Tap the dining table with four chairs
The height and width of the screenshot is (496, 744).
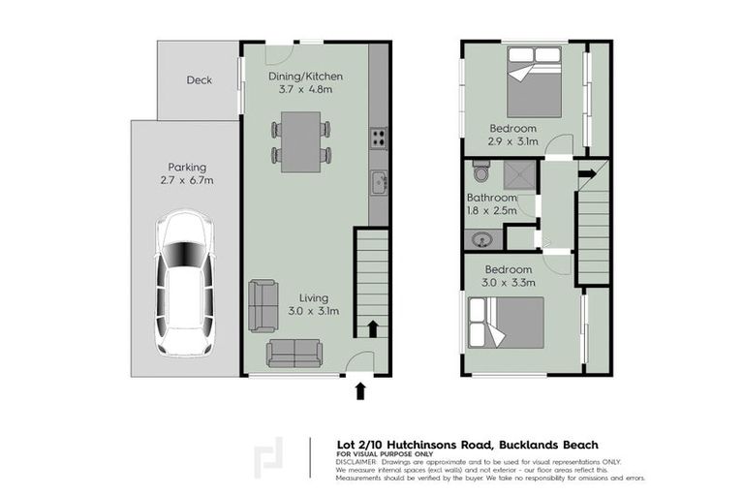point(301,140)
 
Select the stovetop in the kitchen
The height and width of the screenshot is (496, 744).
point(378,139)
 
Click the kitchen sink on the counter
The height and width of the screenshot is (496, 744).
point(379,180)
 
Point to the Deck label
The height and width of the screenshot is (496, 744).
point(199,81)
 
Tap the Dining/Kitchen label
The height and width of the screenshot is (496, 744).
point(305,77)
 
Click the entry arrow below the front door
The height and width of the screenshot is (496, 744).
point(360,389)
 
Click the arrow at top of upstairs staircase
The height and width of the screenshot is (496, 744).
point(585,175)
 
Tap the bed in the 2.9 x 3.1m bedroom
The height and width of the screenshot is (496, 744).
point(532,84)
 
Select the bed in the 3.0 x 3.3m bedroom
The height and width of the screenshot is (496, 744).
point(507,323)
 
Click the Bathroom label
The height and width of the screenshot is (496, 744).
point(492,198)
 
